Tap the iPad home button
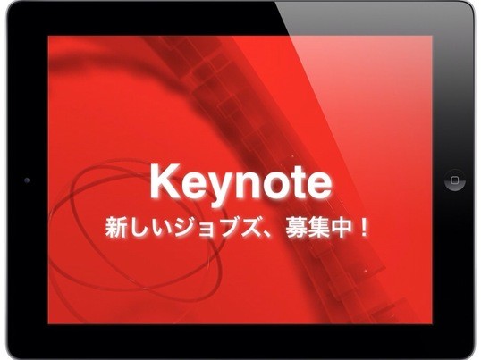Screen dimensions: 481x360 455,180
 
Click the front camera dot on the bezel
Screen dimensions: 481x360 27,180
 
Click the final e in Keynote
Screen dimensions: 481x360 319,186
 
